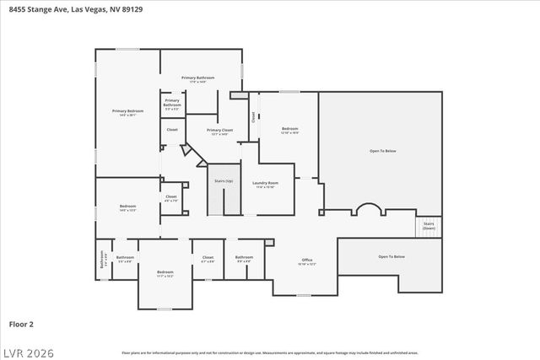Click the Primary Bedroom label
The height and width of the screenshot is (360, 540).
(x=128, y=112)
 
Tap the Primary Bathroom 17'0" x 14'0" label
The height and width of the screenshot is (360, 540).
(x=198, y=79)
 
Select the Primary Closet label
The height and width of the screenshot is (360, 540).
(x=220, y=132)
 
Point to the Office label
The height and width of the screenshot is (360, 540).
(x=307, y=261)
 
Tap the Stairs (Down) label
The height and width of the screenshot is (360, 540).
(x=429, y=226)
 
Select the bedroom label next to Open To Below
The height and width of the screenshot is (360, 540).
(x=289, y=130)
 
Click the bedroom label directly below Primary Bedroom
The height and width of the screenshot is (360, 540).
(x=127, y=207)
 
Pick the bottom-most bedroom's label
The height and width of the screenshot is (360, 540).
(x=165, y=273)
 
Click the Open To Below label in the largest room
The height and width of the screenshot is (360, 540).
(x=382, y=151)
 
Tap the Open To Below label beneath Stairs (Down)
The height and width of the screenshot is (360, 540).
(x=391, y=256)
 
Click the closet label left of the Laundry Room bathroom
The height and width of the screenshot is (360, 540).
(x=208, y=259)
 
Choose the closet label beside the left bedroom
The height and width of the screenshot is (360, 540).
(x=170, y=198)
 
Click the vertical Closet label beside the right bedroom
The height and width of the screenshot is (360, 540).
(x=253, y=118)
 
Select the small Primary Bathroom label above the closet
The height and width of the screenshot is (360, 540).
(x=172, y=105)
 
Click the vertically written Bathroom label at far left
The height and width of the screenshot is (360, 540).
(x=102, y=261)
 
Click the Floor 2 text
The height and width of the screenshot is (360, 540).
(x=21, y=323)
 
